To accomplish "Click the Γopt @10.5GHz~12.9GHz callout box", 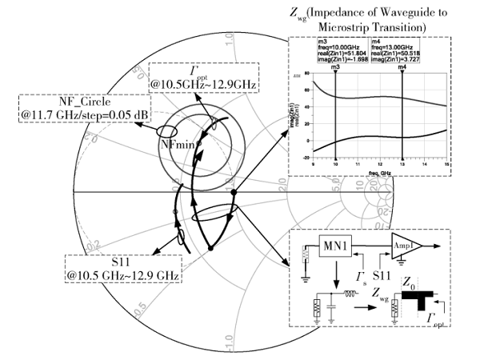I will point(190,74).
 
